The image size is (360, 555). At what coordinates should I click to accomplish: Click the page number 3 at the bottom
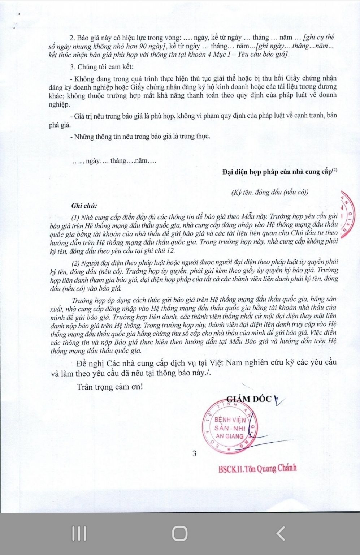pos(194,453)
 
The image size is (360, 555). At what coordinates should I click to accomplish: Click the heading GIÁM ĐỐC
pos(249,399)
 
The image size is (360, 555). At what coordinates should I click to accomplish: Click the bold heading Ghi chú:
pos(84,206)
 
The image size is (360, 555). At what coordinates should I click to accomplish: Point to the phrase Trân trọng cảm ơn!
pos(110,387)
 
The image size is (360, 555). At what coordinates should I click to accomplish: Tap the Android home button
pos(179,533)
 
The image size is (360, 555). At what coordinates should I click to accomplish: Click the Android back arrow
pos(280,533)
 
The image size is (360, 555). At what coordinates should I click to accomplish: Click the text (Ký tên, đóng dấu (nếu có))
pos(270,192)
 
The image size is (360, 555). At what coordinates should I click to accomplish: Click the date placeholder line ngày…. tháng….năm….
pos(114,161)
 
